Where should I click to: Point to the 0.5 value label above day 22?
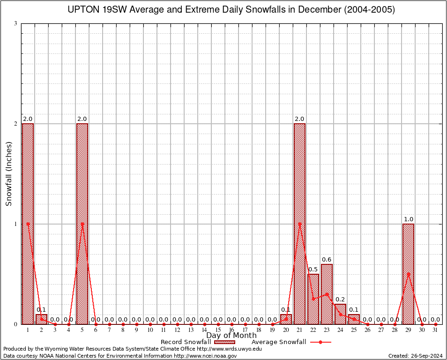(313, 269)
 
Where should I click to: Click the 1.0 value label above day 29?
(408, 219)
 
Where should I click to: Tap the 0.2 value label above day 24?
(340, 299)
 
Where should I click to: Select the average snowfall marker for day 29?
(408, 274)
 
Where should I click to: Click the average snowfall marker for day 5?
(82, 224)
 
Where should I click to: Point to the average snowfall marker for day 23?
(327, 294)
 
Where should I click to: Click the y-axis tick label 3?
(15, 23)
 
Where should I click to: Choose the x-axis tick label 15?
(218, 330)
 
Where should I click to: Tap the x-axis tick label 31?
(435, 330)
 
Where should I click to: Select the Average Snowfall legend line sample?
(320, 342)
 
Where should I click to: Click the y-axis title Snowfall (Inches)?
(9, 173)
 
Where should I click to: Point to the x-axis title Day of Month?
(231, 336)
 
